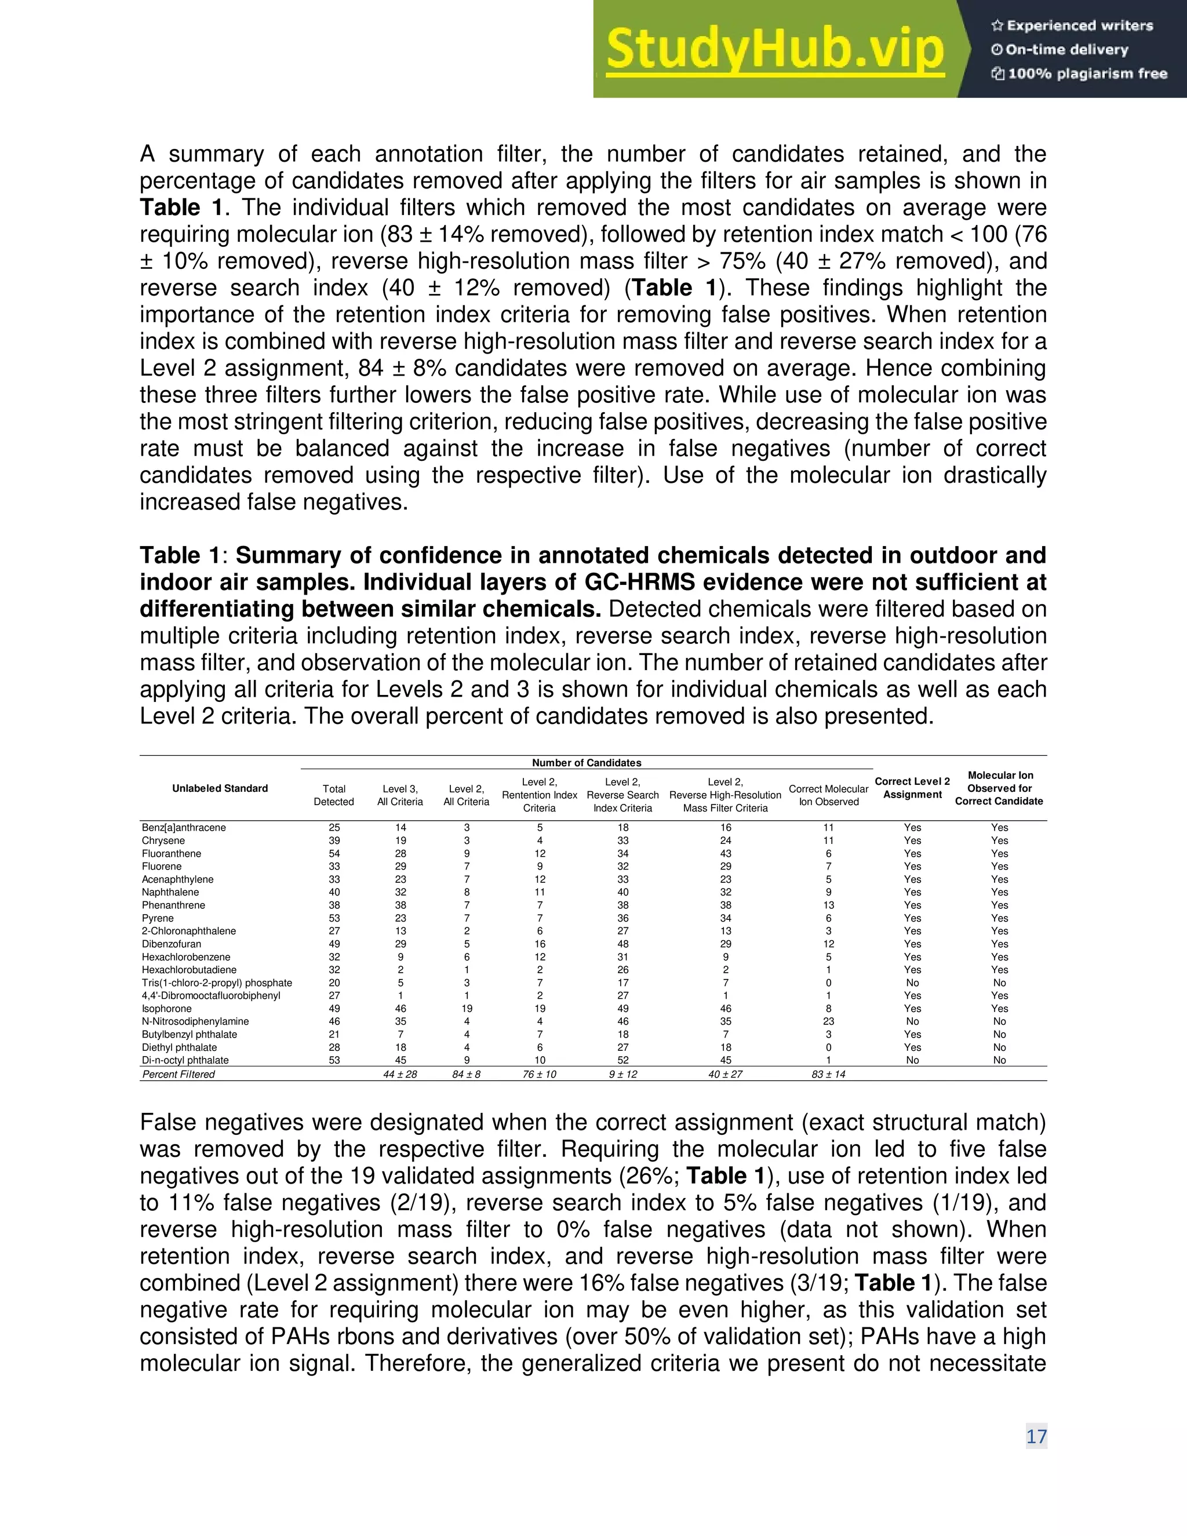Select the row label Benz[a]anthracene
coord(184,827)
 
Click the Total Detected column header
coord(334,795)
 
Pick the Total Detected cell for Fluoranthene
coord(334,853)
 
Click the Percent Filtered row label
coord(179,1074)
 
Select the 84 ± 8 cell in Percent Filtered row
coord(466,1074)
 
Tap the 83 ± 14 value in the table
coord(828,1074)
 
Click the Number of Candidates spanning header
coord(587,762)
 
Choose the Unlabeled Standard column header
coord(220,788)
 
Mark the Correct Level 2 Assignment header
coord(912,788)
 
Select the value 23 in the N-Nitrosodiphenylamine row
coord(828,1021)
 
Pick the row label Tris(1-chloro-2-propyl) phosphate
coord(217,982)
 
